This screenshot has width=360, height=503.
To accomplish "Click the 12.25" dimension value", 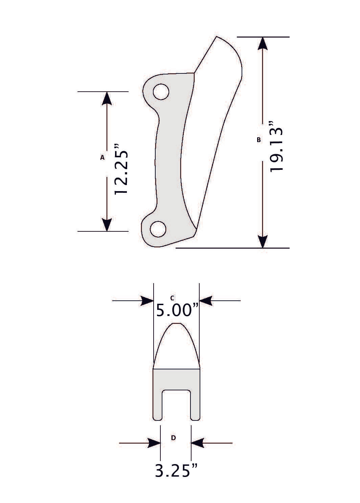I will click(121, 169).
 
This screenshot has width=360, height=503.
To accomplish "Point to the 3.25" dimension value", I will click(176, 471).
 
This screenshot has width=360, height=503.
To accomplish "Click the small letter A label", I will click(102, 157).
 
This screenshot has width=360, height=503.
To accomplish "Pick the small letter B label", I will click(259, 139).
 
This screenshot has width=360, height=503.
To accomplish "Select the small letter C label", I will click(172, 298).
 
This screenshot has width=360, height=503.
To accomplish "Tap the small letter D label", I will click(173, 438).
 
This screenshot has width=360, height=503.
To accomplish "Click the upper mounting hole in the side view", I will click(161, 92).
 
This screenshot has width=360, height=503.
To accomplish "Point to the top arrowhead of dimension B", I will click(263, 44).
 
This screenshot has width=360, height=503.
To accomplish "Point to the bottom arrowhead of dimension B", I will click(263, 241).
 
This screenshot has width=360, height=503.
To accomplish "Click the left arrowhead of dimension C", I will click(147, 300).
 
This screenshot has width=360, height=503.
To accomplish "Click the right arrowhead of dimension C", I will click(206, 300).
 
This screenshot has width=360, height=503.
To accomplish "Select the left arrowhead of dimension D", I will click(154, 443).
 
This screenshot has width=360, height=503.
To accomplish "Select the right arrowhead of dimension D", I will click(198, 443).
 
